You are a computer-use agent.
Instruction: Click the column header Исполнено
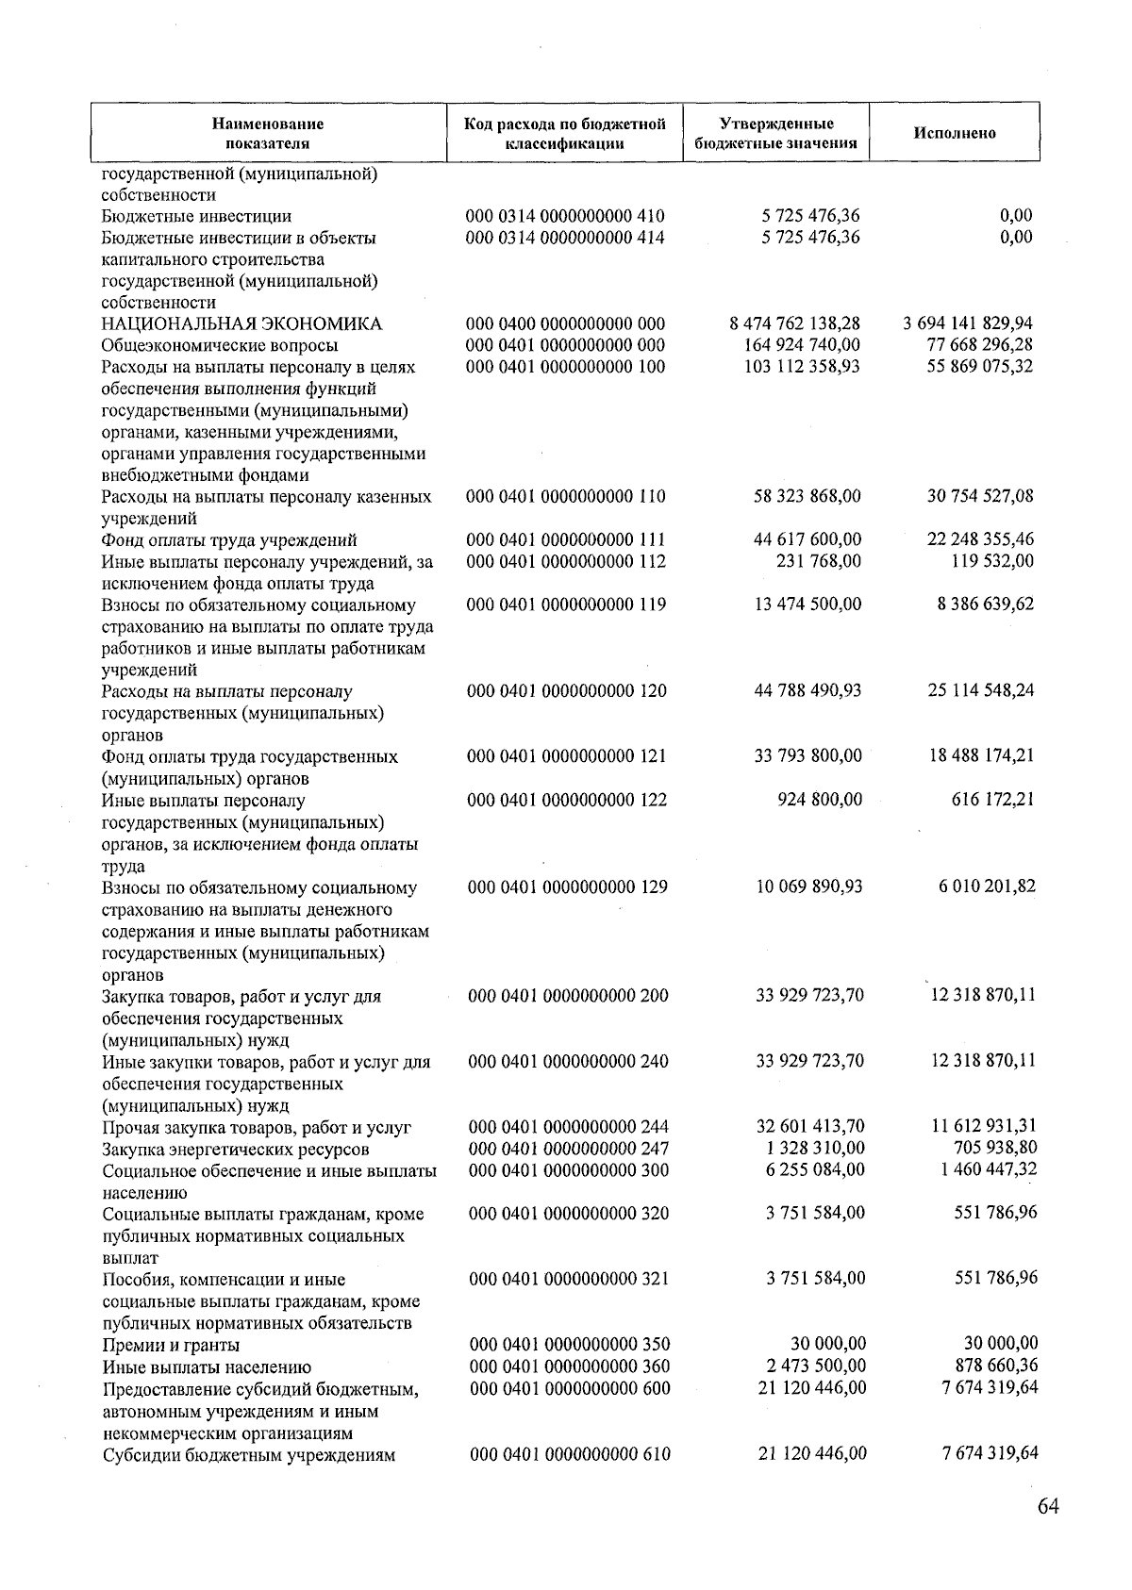pyautogui.click(x=954, y=133)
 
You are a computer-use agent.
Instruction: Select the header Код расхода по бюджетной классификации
pyautogui.click(x=564, y=133)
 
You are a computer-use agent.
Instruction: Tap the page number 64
pyautogui.click(x=1047, y=1506)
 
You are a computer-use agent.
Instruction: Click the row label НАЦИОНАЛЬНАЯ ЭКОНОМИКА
pyautogui.click(x=241, y=324)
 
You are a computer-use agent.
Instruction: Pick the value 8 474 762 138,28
pyautogui.click(x=794, y=324)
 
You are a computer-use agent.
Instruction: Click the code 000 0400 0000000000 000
pyautogui.click(x=566, y=324)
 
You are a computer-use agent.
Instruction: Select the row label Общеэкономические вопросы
pyautogui.click(x=220, y=346)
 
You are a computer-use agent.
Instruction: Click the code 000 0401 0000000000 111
pyautogui.click(x=567, y=540)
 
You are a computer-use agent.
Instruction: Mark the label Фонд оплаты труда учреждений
pyautogui.click(x=229, y=540)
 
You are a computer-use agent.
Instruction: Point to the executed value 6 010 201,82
pyautogui.click(x=986, y=886)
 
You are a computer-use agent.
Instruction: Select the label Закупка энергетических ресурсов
pyautogui.click(x=236, y=1150)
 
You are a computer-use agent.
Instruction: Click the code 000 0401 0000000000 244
pyautogui.click(x=569, y=1127)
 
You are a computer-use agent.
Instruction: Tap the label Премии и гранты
pyautogui.click(x=171, y=1345)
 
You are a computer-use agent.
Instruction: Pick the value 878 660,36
pyautogui.click(x=993, y=1366)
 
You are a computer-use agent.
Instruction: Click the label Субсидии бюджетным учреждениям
pyautogui.click(x=248, y=1454)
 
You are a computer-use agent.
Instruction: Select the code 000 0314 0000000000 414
pyautogui.click(x=566, y=238)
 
